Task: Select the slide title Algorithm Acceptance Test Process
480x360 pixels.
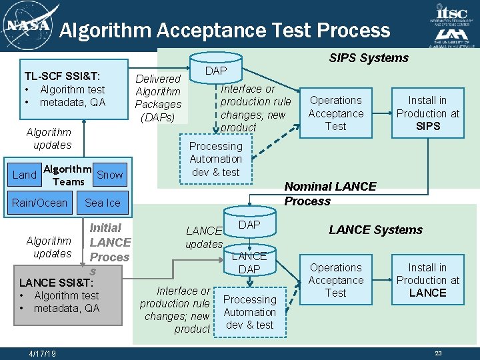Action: [x=224, y=30]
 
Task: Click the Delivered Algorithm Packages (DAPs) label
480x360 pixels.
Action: [x=158, y=98]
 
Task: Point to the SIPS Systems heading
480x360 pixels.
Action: [x=369, y=58]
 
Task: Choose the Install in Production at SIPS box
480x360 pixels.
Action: [x=427, y=113]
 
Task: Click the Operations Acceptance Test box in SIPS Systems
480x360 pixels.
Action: [x=335, y=113]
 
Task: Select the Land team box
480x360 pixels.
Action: [x=25, y=175]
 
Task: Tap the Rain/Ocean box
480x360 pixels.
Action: [x=39, y=203]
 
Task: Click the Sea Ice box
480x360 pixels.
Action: [x=103, y=203]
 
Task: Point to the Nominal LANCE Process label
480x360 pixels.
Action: [x=330, y=193]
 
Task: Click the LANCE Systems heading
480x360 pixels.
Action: [x=375, y=230]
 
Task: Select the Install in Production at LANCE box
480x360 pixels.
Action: [x=427, y=280]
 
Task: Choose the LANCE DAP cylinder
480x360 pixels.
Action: [x=249, y=261]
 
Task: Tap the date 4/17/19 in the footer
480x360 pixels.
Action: [x=43, y=353]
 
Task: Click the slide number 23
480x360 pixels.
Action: [x=438, y=353]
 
